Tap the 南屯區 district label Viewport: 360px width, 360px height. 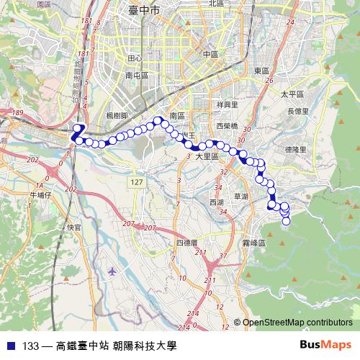[x=136, y=75]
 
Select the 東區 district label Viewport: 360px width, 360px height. [x=261, y=71]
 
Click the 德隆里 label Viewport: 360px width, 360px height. [x=296, y=149]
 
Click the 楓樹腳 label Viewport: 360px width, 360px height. [x=116, y=115]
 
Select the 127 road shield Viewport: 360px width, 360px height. [x=138, y=183]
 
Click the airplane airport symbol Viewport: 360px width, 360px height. [x=112, y=271]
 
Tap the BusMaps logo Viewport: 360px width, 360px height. [x=325, y=346]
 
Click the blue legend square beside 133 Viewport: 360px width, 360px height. [x=11, y=346]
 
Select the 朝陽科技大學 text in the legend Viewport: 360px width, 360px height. [x=144, y=346]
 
